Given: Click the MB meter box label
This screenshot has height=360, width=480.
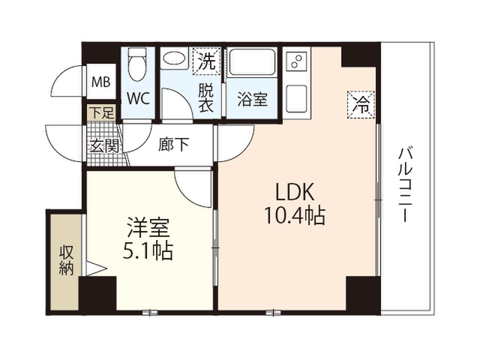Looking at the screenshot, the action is (x=101, y=82).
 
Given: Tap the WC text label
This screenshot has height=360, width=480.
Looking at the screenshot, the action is (x=138, y=98).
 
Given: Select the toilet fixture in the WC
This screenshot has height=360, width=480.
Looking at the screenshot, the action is (x=137, y=64).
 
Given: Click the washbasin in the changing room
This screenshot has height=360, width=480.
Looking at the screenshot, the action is (x=174, y=58).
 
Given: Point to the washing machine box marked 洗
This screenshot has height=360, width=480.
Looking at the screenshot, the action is (x=207, y=61).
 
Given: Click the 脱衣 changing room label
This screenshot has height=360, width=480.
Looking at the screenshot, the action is (x=205, y=97).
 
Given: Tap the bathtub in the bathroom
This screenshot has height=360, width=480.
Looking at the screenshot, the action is (x=253, y=62).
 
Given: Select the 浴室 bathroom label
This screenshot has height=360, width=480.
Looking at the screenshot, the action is (x=253, y=99).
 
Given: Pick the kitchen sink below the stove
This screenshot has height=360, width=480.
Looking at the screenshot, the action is (x=297, y=98).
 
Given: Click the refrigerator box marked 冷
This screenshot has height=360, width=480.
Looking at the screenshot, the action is (x=361, y=104).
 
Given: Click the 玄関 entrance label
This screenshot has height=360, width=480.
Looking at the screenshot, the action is (x=104, y=145).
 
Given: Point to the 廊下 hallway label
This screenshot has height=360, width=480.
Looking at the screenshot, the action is (x=173, y=145).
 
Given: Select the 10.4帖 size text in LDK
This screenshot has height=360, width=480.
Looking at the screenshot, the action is (x=295, y=215).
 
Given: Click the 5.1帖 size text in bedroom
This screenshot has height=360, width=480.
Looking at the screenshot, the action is (x=148, y=250).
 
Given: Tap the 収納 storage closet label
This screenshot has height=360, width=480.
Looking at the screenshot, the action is (x=66, y=260).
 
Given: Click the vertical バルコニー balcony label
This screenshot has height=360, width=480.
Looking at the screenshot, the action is (x=406, y=184).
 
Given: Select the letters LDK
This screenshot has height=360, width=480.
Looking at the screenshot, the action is (x=295, y=192).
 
